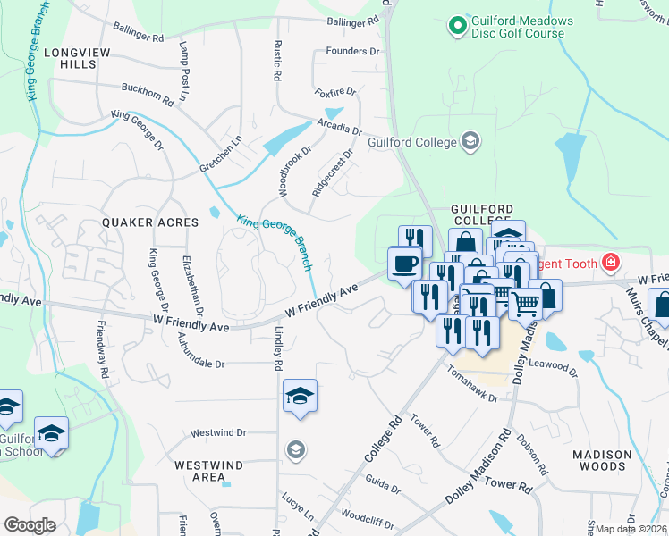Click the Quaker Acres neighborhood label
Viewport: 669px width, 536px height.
(150, 222)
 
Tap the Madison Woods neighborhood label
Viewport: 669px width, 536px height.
(602, 460)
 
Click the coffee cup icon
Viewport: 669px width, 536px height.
(405, 264)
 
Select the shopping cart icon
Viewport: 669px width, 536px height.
(526, 304)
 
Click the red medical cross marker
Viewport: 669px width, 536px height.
(611, 262)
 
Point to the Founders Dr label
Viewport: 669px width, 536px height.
(353, 52)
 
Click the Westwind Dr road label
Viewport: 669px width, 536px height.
(218, 432)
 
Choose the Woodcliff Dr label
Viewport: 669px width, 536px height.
(363, 516)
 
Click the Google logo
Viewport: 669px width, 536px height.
(30, 524)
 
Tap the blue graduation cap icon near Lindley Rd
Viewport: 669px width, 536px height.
(301, 396)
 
